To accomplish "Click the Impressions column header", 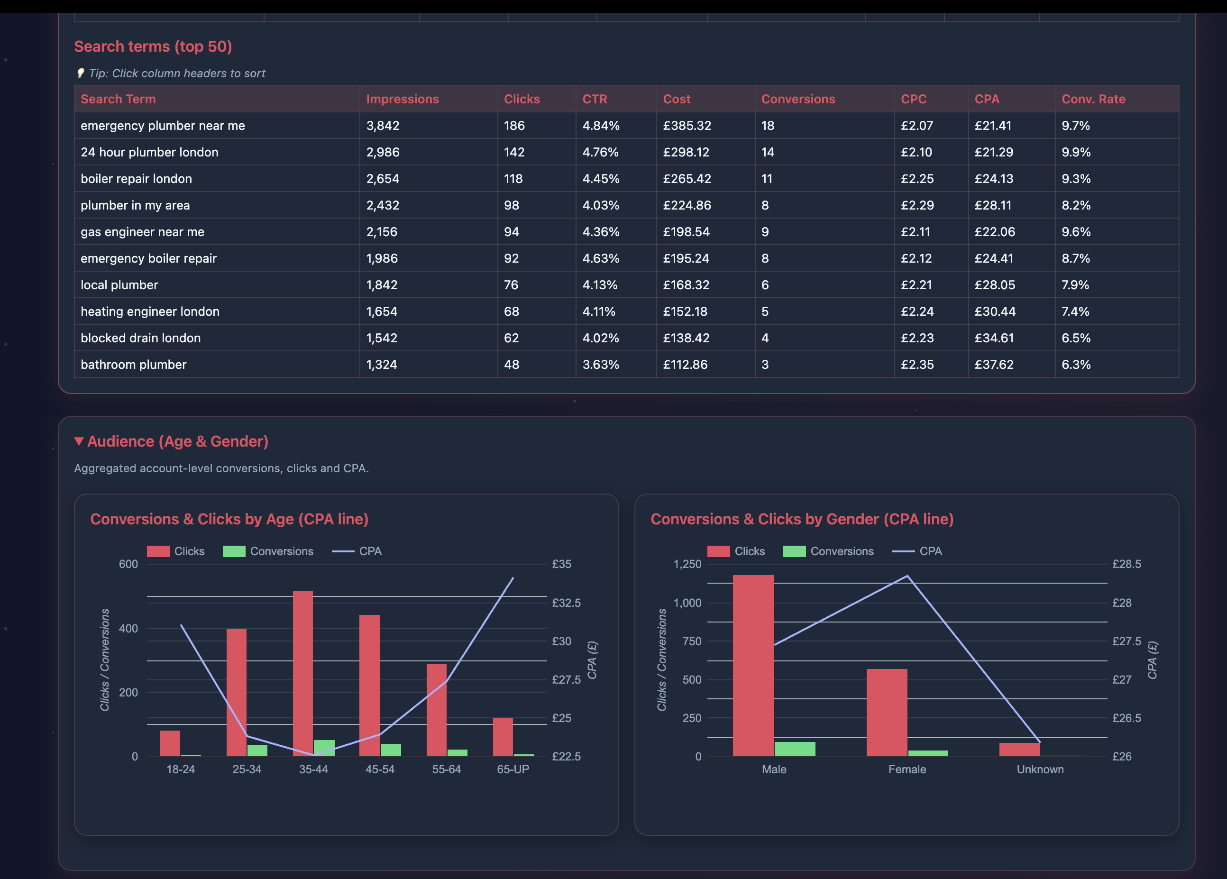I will click(402, 99).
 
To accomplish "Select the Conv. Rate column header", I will click(1093, 99).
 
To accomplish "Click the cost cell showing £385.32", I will click(687, 126).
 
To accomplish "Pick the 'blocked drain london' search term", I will click(141, 338).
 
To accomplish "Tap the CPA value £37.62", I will click(994, 365).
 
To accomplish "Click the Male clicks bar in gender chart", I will click(752, 665).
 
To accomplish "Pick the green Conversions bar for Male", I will click(794, 749).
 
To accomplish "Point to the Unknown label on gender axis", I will click(1040, 769).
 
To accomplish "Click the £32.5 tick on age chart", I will click(566, 603).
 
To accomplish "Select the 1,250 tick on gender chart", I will click(687, 564).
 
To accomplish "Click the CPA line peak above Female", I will click(907, 576).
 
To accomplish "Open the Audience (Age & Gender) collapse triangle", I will click(79, 441).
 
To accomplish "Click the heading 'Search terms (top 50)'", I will click(153, 46).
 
